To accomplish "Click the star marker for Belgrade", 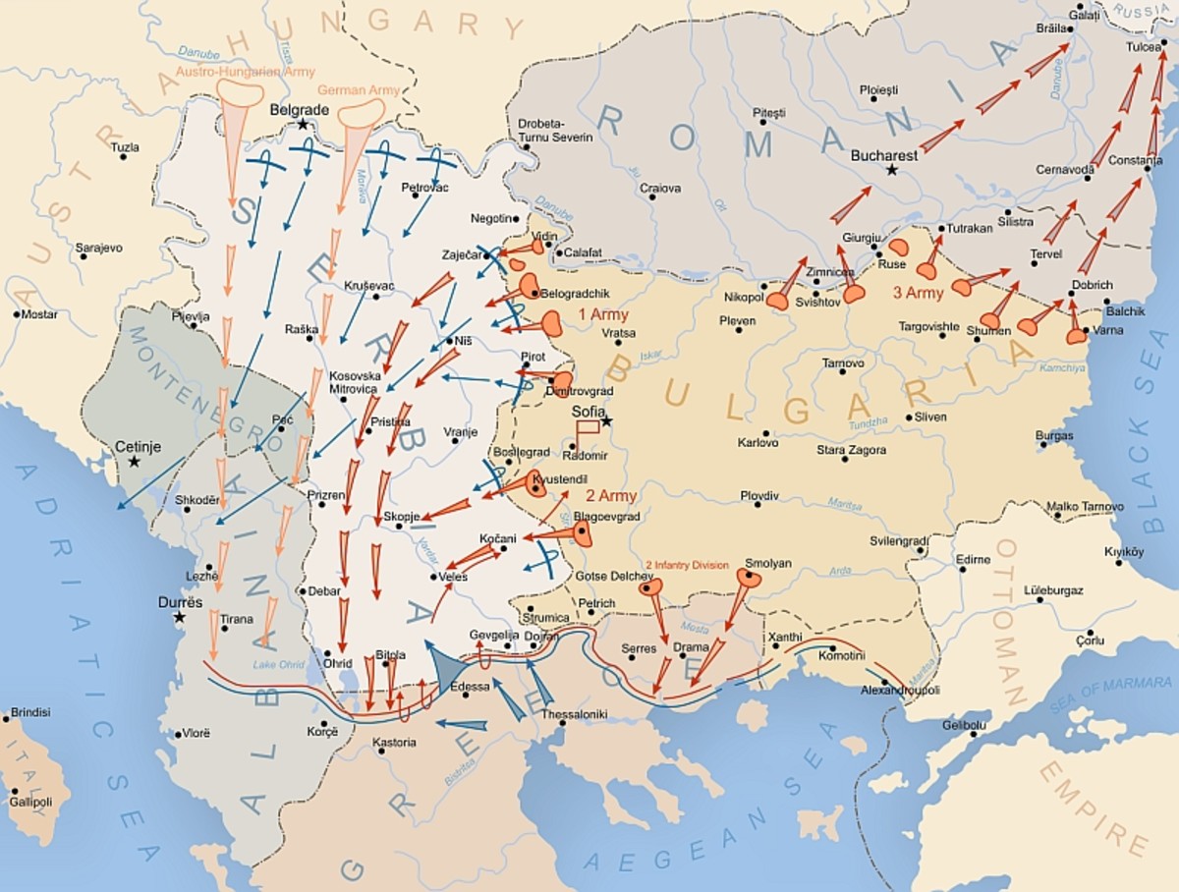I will pyautogui.click(x=304, y=125).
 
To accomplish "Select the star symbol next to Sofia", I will pyautogui.click(x=607, y=420).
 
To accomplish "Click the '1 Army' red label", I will pyautogui.click(x=602, y=314).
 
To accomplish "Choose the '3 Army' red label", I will pyautogui.click(x=918, y=293).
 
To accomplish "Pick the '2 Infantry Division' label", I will pyautogui.click(x=687, y=565).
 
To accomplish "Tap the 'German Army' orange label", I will pyautogui.click(x=359, y=89).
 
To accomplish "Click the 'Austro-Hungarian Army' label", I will pyautogui.click(x=233, y=71).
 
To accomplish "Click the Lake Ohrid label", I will pyautogui.click(x=278, y=666).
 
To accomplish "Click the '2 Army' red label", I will pyautogui.click(x=610, y=496).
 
